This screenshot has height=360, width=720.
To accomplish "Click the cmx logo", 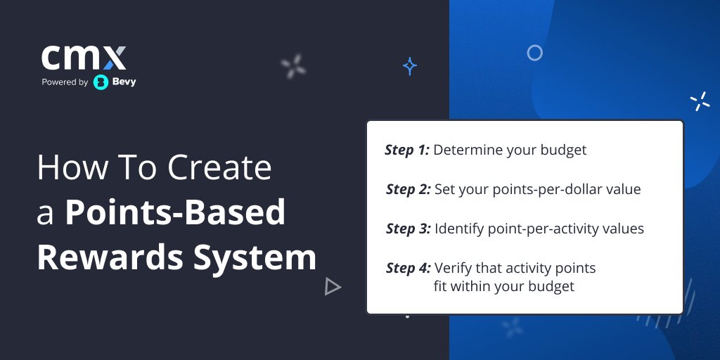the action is tap(84, 58).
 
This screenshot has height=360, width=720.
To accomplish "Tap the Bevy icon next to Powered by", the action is tap(101, 82).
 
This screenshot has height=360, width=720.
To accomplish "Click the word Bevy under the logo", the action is tap(124, 82).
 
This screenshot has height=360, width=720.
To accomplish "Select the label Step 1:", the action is tap(407, 150).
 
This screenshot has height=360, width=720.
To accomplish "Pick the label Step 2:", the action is tap(409, 189).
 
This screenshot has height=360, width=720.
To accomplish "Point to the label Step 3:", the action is tap(409, 229).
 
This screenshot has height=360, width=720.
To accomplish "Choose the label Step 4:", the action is tap(409, 268).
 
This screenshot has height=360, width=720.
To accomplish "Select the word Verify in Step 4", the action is tap(454, 268).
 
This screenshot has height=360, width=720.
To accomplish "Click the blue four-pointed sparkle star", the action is tap(410, 67).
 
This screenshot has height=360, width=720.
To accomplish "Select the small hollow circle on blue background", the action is tap(535, 53).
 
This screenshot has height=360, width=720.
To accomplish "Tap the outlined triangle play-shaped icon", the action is tap(333, 286).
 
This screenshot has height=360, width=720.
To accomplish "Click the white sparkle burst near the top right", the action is tap(700, 102).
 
